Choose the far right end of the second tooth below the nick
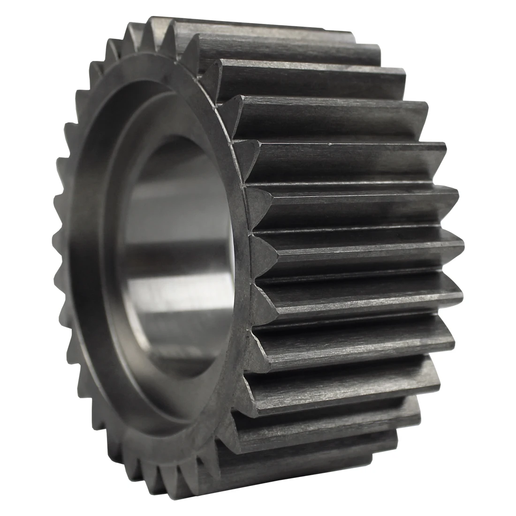tap(462, 243)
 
